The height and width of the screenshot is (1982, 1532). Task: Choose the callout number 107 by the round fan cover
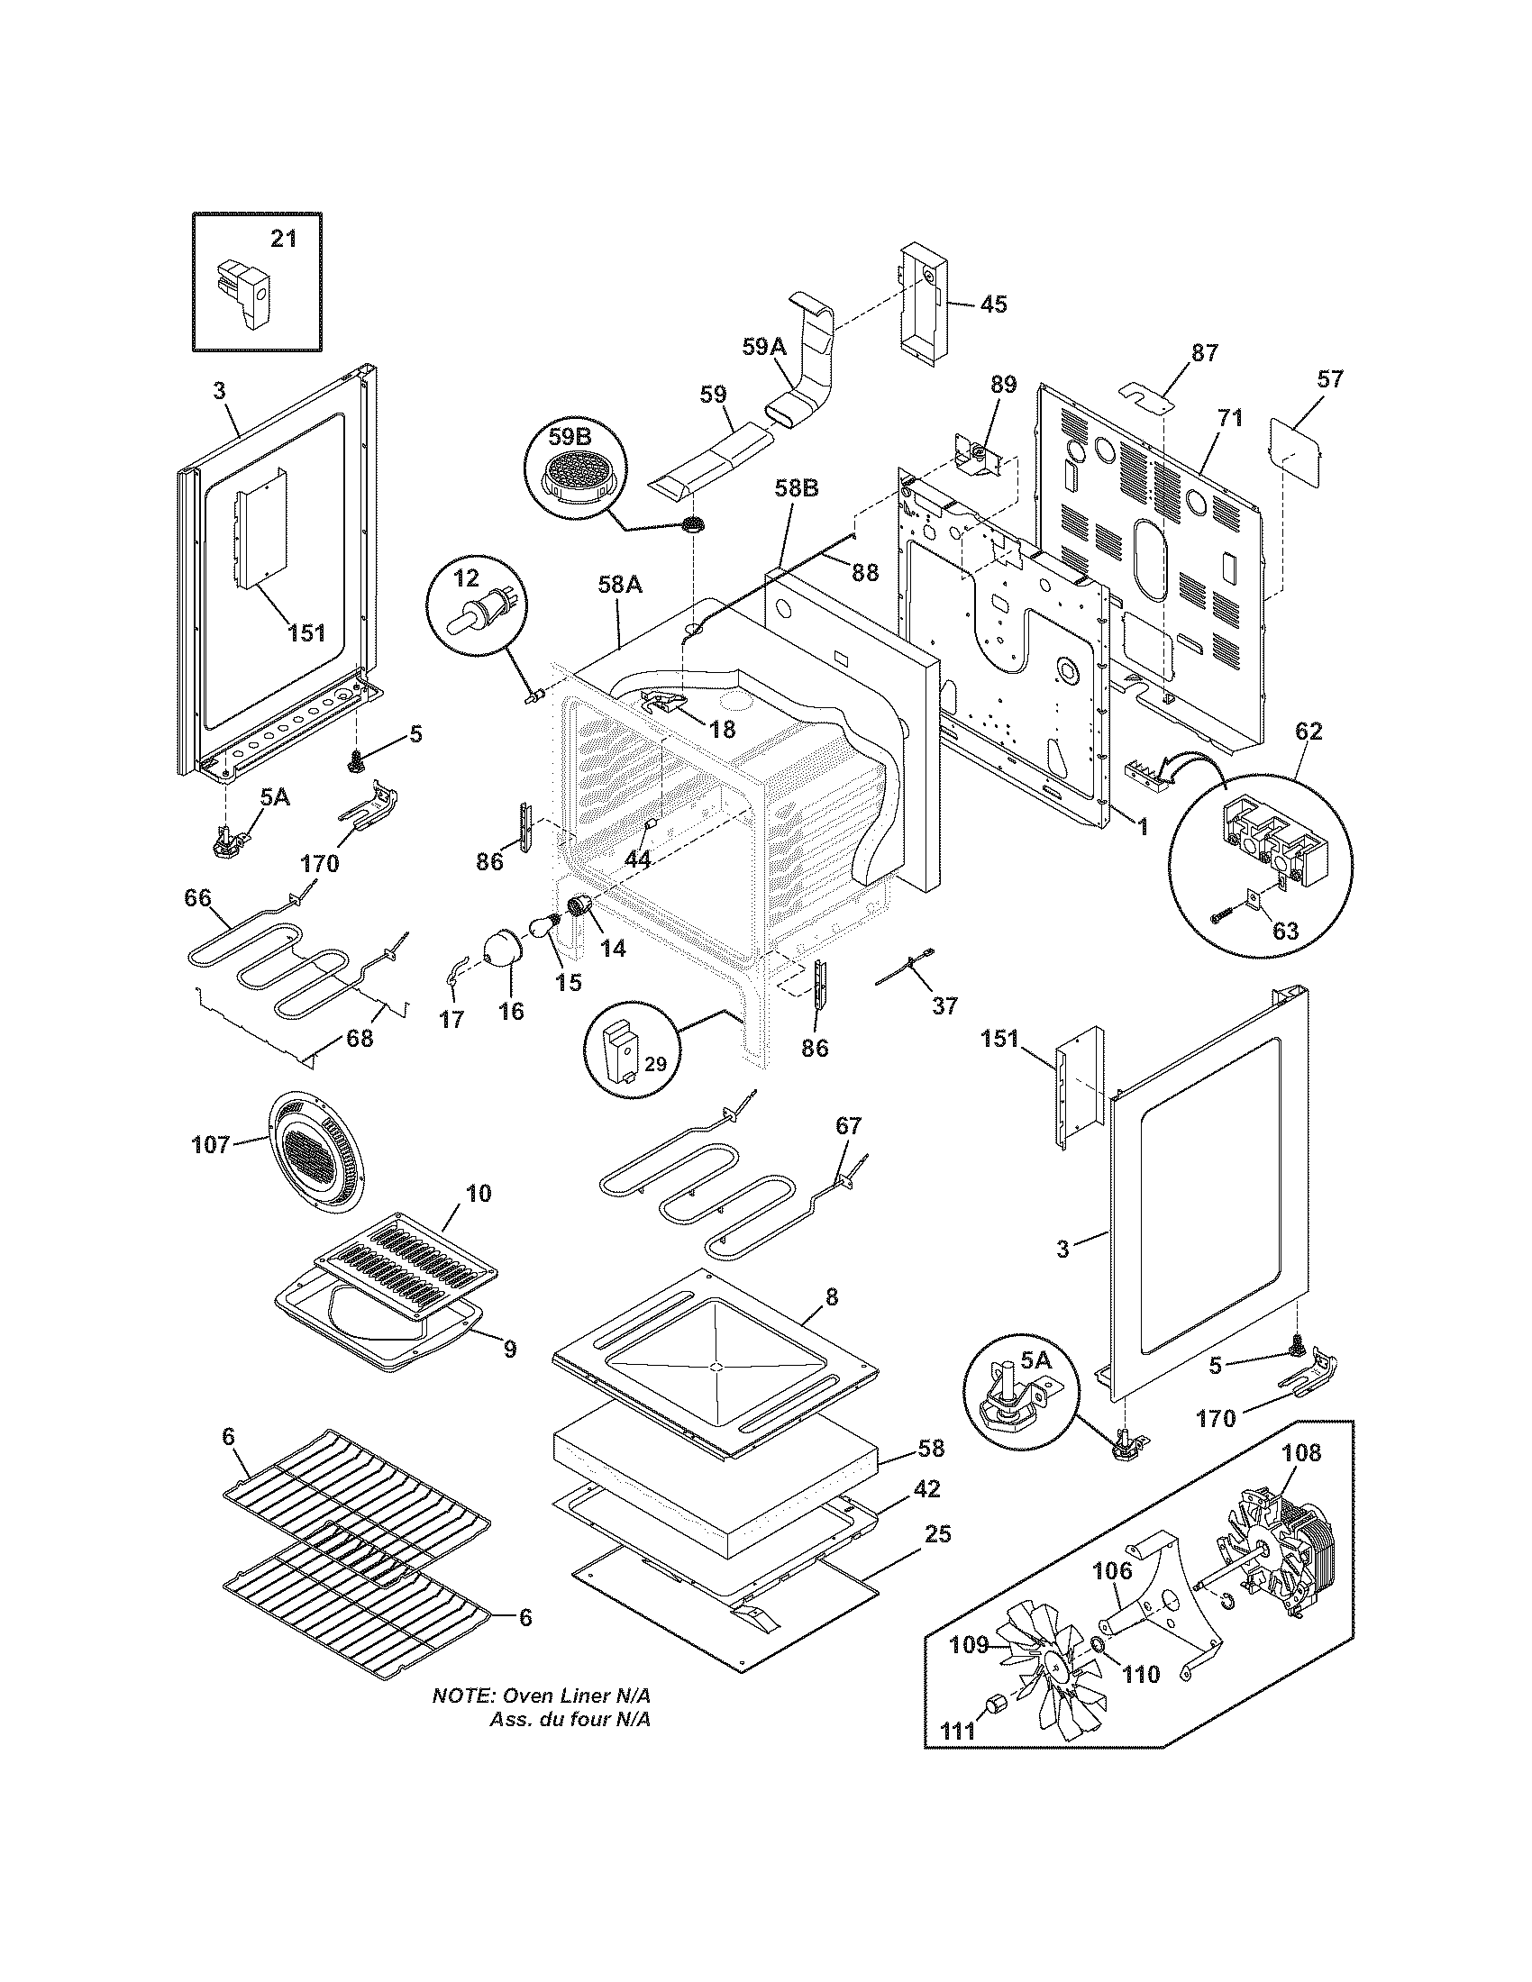211,1145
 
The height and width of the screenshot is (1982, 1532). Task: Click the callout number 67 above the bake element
848,1125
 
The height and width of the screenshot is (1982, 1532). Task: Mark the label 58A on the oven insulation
620,586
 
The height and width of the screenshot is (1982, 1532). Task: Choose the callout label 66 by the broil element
197,898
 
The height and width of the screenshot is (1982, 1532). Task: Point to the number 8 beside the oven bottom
833,1297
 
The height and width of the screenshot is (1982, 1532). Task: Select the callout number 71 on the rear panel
1230,418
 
